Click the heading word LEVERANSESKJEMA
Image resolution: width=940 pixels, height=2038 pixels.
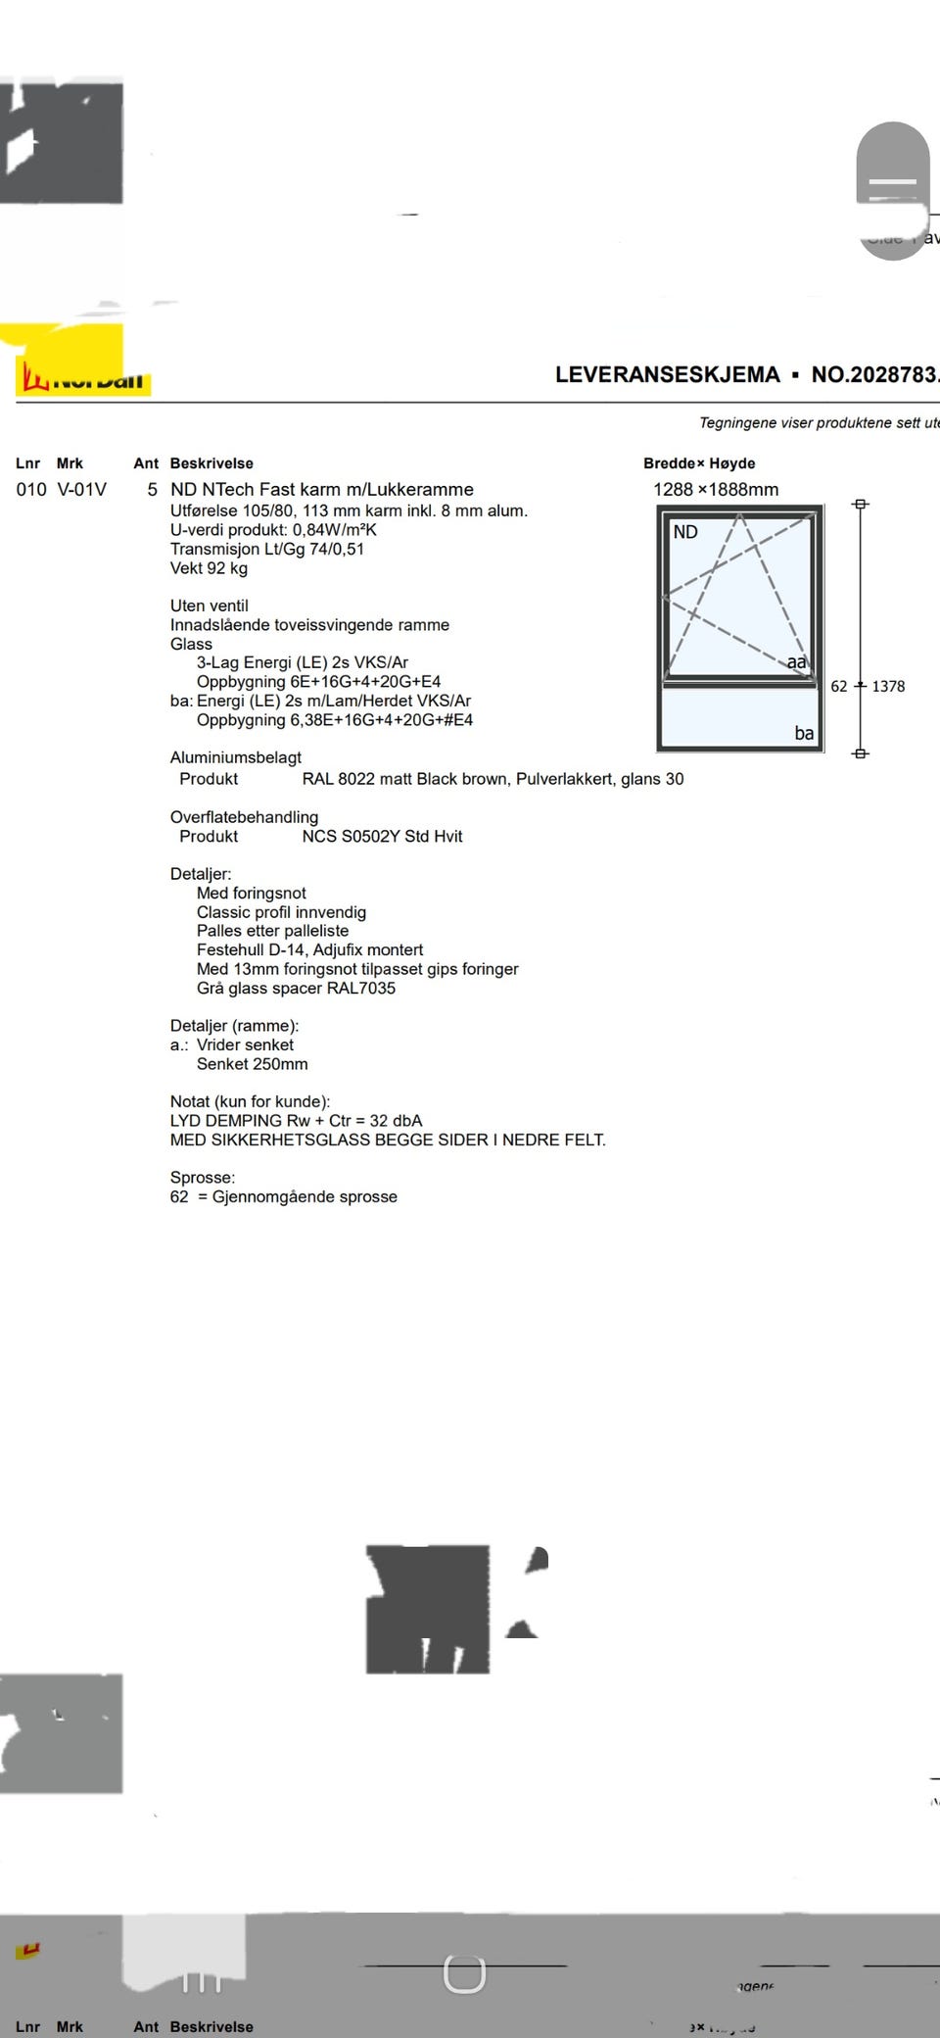667,374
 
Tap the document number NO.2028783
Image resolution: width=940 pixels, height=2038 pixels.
874,374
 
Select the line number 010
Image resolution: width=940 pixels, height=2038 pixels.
31,489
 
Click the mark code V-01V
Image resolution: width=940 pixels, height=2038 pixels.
82,489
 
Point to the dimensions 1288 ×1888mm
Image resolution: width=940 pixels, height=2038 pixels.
716,489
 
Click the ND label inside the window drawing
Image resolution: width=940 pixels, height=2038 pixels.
685,532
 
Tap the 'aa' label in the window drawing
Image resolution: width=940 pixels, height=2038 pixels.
797,662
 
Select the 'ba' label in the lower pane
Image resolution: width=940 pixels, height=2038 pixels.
804,733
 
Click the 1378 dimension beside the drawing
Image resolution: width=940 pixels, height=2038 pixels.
888,687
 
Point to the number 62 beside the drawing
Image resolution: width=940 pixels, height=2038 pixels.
839,687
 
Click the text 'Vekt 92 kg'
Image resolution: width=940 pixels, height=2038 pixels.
209,568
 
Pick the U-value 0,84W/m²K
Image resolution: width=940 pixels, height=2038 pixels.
334,530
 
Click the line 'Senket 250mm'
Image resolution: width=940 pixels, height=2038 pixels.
252,1064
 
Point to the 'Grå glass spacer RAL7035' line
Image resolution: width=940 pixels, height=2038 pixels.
296,988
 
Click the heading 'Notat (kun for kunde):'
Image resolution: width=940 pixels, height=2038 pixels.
250,1101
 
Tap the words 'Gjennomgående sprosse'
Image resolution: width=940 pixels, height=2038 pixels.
305,1196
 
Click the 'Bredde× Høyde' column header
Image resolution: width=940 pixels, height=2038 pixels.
699,463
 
